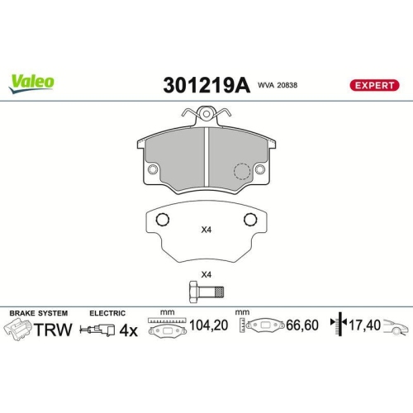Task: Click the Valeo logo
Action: pos(33,81)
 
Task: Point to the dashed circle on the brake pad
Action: pos(241,171)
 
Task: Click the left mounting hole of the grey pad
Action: pos(153,171)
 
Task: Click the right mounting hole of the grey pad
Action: pos(260,171)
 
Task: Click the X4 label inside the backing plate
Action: pos(206,230)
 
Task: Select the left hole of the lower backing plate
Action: pos(163,220)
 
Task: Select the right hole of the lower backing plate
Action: pos(250,220)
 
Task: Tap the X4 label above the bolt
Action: pos(206,274)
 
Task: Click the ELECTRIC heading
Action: pos(107,314)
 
